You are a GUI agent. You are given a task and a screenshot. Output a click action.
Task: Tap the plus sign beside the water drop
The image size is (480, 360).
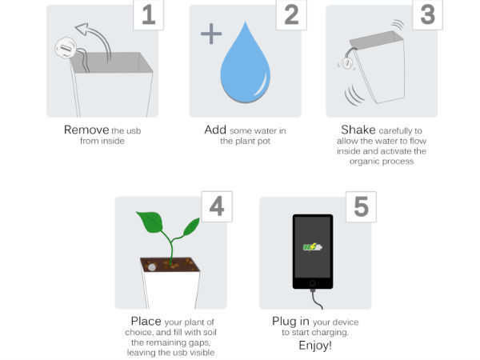[x=210, y=34]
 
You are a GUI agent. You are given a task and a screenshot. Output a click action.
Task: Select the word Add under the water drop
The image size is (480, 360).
[x=214, y=130]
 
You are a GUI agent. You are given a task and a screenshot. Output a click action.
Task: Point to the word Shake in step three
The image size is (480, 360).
[x=357, y=130]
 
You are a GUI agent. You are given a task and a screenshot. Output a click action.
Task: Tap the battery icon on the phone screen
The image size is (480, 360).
[x=313, y=246]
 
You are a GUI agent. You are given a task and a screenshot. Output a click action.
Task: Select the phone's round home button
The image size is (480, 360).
[x=313, y=283]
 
